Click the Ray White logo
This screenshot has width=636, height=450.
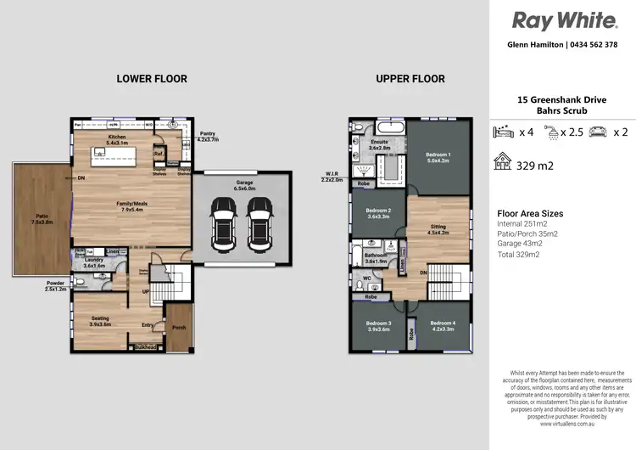click(562, 20)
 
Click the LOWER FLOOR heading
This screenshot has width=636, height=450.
click(152, 79)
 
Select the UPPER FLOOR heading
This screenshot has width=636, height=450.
click(410, 79)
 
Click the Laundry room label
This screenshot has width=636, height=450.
click(93, 260)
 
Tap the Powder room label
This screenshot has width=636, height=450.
click(56, 285)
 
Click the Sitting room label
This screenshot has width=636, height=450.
click(438, 228)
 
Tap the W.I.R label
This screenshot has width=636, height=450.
click(332, 177)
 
